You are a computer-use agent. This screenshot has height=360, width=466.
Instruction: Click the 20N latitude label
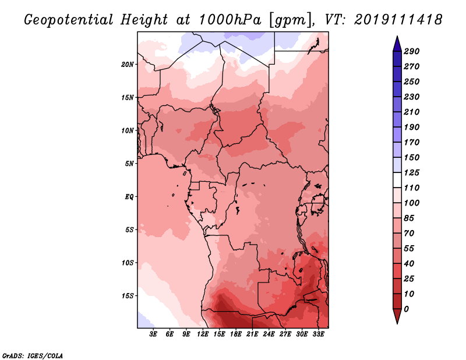coord(128,65)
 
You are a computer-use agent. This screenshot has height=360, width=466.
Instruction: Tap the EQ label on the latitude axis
coord(129,197)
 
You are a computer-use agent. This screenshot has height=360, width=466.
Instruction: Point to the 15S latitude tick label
coord(128,296)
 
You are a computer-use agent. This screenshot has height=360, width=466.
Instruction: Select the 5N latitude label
coord(129,164)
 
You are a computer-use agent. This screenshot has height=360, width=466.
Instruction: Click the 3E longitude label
coord(153,334)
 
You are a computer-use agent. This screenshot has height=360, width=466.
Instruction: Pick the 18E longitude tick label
coord(236,334)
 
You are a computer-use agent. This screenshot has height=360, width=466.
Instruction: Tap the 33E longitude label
coord(318,334)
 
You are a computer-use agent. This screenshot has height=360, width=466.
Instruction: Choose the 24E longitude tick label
coord(269,334)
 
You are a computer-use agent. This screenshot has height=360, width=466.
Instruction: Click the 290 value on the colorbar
coord(412,51)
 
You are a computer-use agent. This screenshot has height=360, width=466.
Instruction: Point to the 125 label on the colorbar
coord(412,172)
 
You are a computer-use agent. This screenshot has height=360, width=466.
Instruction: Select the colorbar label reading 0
coord(406,309)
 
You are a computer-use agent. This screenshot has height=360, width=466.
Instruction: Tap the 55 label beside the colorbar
coord(409,249)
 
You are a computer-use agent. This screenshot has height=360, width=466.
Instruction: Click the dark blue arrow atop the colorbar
coord(397,44)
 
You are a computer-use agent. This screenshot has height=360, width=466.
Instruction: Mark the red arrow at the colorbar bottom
coord(397,316)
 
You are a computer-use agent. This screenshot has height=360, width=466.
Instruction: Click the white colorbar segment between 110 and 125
coord(397,180)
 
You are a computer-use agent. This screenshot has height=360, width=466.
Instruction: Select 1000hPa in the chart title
coord(230,20)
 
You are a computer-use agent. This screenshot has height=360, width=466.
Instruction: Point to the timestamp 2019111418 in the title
coord(398,20)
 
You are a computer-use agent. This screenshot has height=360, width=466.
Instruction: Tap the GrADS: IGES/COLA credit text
coord(33,356)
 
